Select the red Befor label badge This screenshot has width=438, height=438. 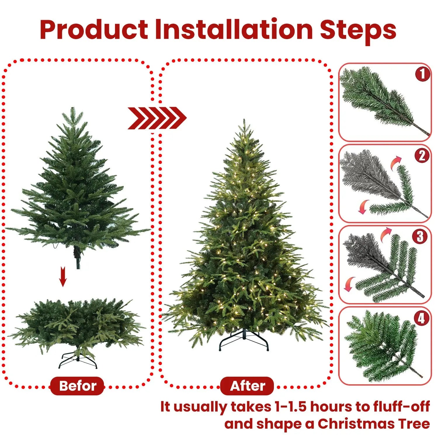pyautogui.click(x=77, y=386)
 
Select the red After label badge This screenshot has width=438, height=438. pyautogui.click(x=247, y=386)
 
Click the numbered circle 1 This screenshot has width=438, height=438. pyautogui.click(x=422, y=74)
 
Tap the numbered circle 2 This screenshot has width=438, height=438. pyautogui.click(x=422, y=156)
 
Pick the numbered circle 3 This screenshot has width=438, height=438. pyautogui.click(x=420, y=237)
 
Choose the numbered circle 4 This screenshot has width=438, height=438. pyautogui.click(x=421, y=318)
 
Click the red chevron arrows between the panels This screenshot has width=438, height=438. pyautogui.click(x=157, y=118)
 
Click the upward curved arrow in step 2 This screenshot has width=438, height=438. pyautogui.click(x=396, y=162)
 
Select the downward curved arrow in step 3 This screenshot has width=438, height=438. pyautogui.click(x=349, y=284)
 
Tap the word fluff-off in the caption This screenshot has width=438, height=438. pyautogui.click(x=401, y=407)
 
